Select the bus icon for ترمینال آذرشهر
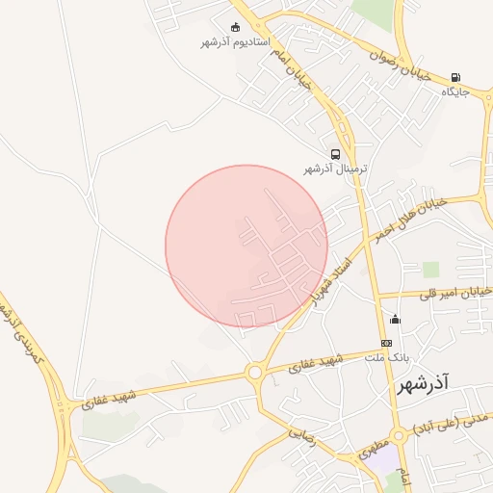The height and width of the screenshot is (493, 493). (x=335, y=153)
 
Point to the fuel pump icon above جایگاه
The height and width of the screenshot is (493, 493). (x=455, y=77)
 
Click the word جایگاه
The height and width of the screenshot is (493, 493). (x=454, y=92)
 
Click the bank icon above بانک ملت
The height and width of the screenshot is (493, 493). (x=387, y=343)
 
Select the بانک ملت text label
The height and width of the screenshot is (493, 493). (x=387, y=357)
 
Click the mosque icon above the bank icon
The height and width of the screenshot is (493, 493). (x=394, y=319)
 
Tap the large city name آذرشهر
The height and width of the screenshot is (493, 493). (x=423, y=385)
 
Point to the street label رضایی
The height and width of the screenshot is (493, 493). (x=303, y=435)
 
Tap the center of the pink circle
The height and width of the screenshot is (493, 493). (x=246, y=246)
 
